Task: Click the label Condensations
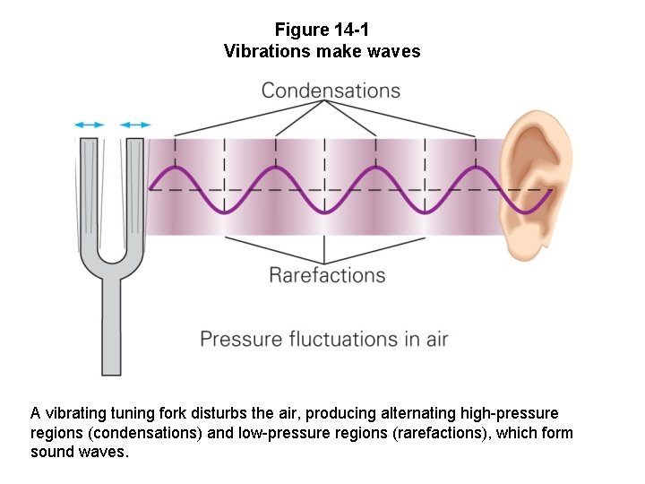[331, 91]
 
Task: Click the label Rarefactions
[327, 274]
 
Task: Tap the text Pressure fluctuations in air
[323, 340]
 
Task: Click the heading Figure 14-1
[322, 30]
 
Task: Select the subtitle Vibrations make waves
[322, 51]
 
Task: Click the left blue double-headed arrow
[90, 125]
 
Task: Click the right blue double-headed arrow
[136, 125]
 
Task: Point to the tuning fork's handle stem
[111, 327]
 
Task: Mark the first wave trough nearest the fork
[223, 212]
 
